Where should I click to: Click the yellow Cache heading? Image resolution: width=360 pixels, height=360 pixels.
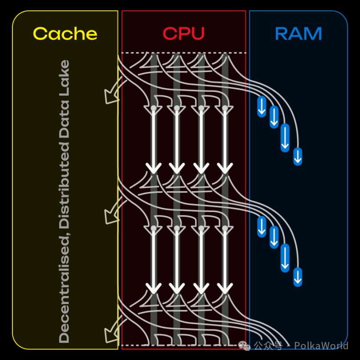click(x=65, y=34)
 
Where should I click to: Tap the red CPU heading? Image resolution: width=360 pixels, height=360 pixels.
click(x=183, y=34)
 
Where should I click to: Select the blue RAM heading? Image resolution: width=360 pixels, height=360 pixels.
click(x=298, y=34)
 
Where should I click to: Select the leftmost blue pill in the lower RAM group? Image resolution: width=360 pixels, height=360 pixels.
click(x=262, y=226)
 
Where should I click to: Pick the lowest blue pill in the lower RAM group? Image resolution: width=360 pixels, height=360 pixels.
click(x=298, y=276)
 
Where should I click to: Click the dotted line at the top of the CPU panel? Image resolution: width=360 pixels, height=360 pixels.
click(x=183, y=53)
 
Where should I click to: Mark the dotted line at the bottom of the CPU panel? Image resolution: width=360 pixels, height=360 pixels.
click(x=183, y=345)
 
